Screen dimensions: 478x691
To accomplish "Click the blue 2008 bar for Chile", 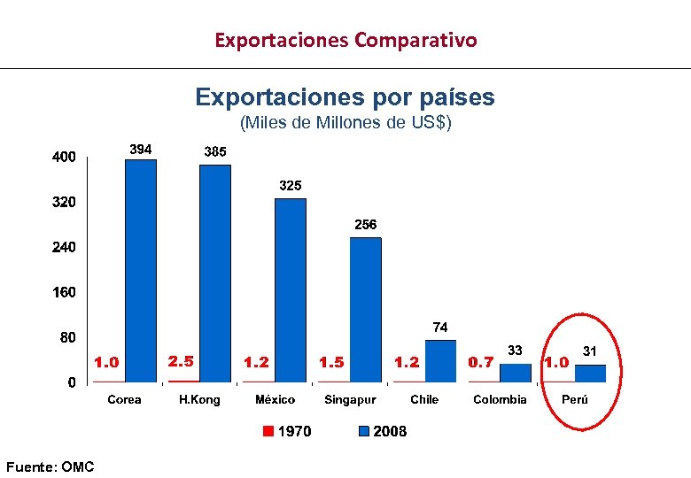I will (x=440, y=361).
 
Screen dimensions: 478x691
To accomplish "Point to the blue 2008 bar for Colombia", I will (x=515, y=373).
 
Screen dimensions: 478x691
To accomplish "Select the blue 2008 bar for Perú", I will (x=590, y=373).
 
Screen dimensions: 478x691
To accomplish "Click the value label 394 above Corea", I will (x=141, y=149).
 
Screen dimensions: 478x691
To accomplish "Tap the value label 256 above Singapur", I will (x=366, y=225).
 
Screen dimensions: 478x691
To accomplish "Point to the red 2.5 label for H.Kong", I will (x=181, y=361).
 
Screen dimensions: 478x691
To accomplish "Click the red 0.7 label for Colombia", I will (x=481, y=362).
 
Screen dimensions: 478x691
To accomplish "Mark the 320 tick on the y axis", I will (x=63, y=203).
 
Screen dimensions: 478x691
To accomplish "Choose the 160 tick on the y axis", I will (x=63, y=292).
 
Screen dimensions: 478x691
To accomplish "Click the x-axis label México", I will (x=275, y=399).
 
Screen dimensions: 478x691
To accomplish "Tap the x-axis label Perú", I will (x=575, y=399).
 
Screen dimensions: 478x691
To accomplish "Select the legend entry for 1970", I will (x=287, y=431).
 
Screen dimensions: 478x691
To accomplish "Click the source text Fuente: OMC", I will (x=50, y=466).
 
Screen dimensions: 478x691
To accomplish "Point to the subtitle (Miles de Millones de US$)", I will (x=345, y=123).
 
